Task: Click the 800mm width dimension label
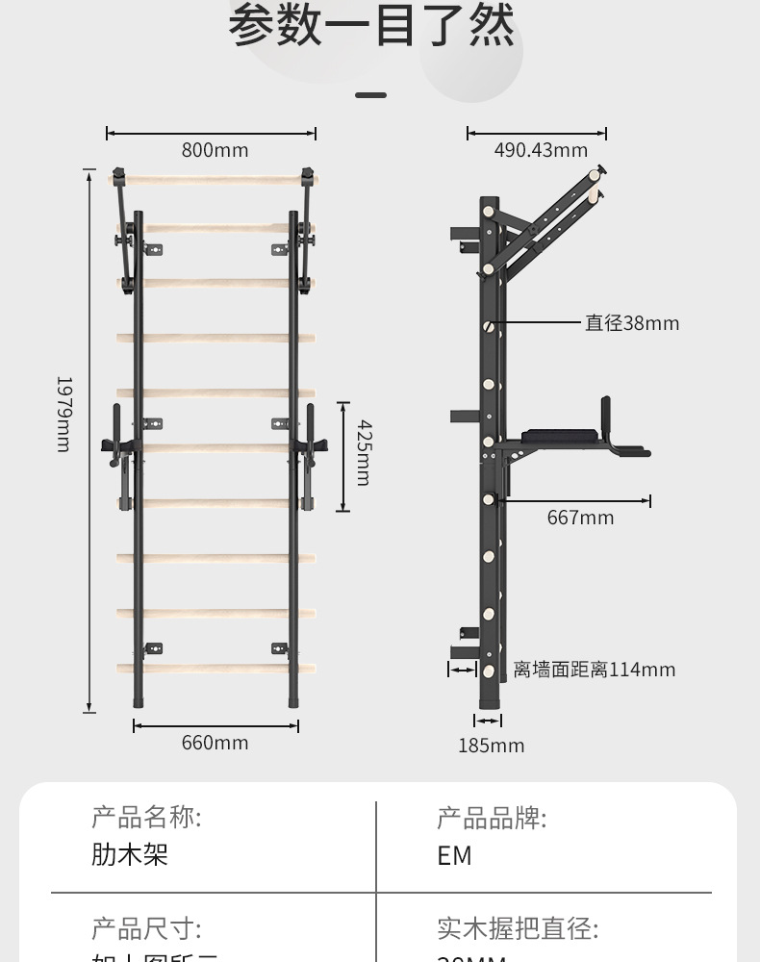tap(215, 150)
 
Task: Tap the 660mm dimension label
tap(215, 743)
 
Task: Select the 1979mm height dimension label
tap(63, 414)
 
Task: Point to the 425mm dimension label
tap(363, 452)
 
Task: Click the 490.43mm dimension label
tap(541, 150)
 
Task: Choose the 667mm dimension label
tap(580, 518)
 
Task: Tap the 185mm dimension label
tap(491, 746)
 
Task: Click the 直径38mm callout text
tap(632, 323)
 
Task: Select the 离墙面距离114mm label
tap(594, 670)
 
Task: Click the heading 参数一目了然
tap(371, 27)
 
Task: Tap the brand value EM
tap(454, 855)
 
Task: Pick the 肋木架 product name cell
tap(130, 854)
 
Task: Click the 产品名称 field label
tap(146, 818)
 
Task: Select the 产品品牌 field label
tap(492, 819)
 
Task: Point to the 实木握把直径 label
tap(518, 929)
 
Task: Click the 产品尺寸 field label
tap(146, 929)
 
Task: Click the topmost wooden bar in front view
tap(212, 179)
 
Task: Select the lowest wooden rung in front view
tap(215, 668)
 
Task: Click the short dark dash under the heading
tap(370, 95)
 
